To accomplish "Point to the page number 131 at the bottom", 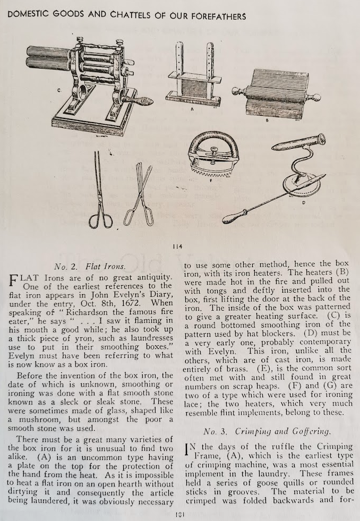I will point(180,515).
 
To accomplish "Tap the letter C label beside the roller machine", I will point(59,90).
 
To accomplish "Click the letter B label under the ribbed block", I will point(268,119).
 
